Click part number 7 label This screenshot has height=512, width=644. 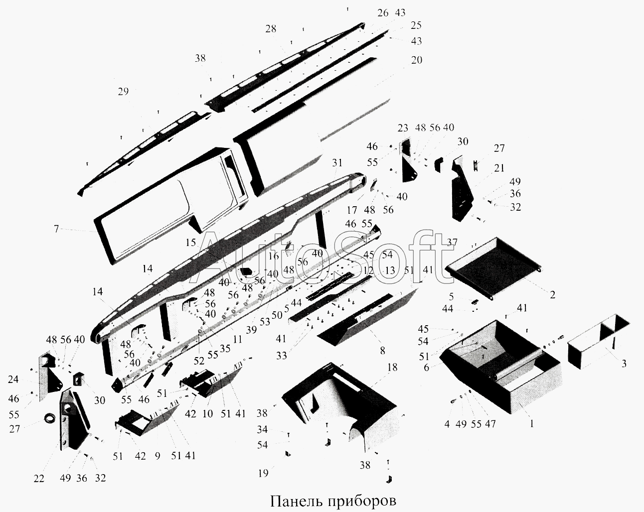[56, 229]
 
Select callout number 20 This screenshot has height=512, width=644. [417, 60]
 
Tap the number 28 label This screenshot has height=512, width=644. [271, 29]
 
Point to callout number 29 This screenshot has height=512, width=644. [123, 91]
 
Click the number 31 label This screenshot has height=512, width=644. [337, 163]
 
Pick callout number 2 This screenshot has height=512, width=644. [552, 294]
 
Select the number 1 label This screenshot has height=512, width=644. [532, 424]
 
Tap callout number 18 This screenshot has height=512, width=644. [392, 367]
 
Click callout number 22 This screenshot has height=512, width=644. [39, 479]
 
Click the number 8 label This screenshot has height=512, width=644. [382, 350]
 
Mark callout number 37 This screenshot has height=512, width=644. [452, 242]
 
